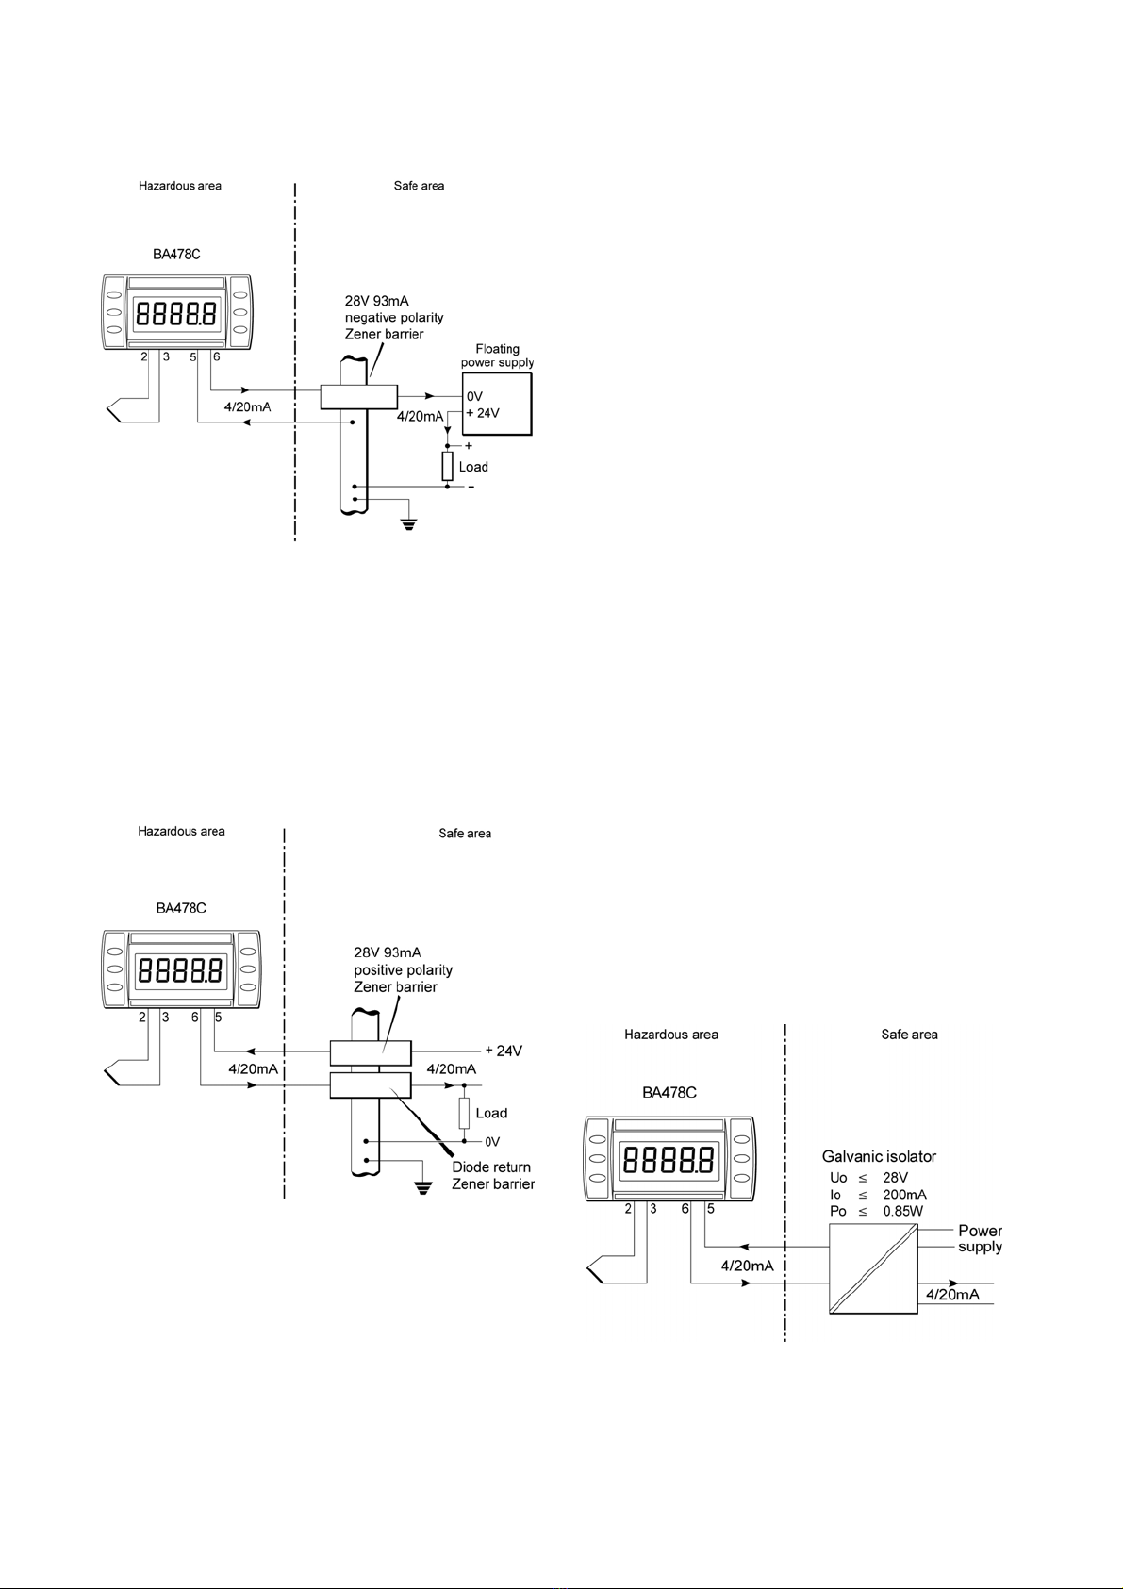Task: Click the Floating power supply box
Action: (x=497, y=404)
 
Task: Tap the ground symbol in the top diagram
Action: (x=408, y=525)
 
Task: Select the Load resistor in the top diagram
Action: (x=447, y=466)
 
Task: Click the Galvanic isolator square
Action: (x=872, y=1269)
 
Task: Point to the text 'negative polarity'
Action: (x=394, y=317)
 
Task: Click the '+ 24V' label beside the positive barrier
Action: (x=504, y=1051)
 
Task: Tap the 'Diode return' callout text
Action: (x=491, y=1167)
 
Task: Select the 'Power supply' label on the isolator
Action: (x=980, y=1238)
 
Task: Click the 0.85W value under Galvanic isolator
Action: (x=903, y=1211)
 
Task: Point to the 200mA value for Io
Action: (x=904, y=1194)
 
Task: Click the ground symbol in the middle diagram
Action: (x=423, y=1188)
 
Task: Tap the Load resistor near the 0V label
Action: (x=464, y=1113)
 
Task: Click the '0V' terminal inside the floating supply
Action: (x=474, y=396)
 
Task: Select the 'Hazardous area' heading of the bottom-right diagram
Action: (x=671, y=1035)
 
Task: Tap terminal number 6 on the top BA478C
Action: (x=216, y=356)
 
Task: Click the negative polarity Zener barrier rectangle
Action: (x=358, y=396)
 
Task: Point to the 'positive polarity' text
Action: (x=403, y=969)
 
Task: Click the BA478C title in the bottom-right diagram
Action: (x=669, y=1092)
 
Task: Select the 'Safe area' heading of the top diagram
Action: (x=420, y=186)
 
